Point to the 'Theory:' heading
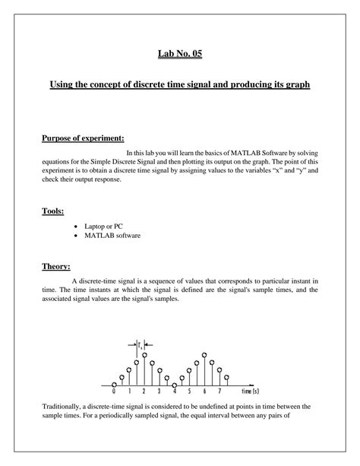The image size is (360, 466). (x=56, y=266)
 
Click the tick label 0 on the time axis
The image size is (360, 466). (x=114, y=392)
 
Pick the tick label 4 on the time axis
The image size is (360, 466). (x=175, y=392)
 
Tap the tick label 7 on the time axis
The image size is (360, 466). (x=219, y=392)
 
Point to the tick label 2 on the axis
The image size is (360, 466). (x=144, y=392)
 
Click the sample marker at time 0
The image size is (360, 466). (x=114, y=385)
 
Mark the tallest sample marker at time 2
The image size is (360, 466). (x=144, y=355)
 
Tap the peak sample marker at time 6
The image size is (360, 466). (x=204, y=355)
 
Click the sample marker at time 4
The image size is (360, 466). (x=175, y=385)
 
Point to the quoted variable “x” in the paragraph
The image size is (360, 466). (x=277, y=171)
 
